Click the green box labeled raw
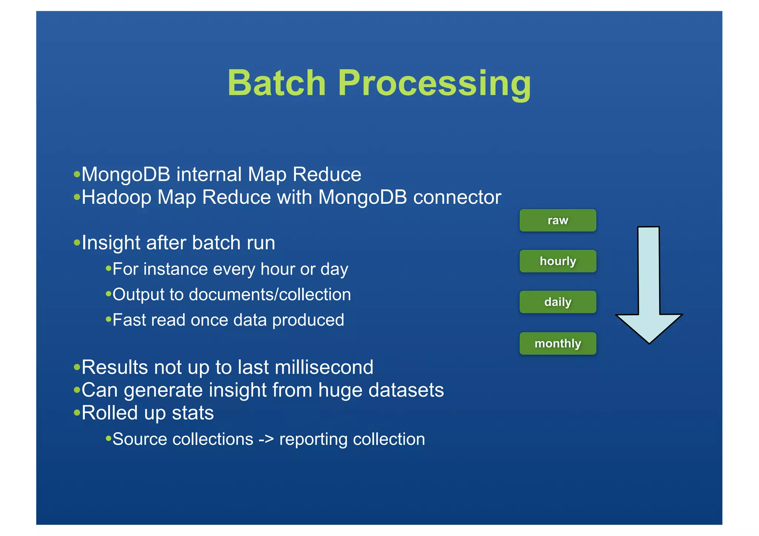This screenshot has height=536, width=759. tap(558, 220)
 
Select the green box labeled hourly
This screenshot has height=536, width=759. tap(558, 261)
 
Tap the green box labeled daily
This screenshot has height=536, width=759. tap(558, 302)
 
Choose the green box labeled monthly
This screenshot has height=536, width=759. tap(558, 343)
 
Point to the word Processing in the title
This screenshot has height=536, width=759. tap(434, 84)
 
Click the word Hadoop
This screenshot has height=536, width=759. tap(116, 197)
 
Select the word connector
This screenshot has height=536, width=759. tap(457, 197)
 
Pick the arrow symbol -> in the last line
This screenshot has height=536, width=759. tap(266, 439)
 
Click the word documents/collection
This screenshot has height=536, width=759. tap(270, 295)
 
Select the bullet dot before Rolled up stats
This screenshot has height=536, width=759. tap(77, 412)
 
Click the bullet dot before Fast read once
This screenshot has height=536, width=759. tap(108, 319)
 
